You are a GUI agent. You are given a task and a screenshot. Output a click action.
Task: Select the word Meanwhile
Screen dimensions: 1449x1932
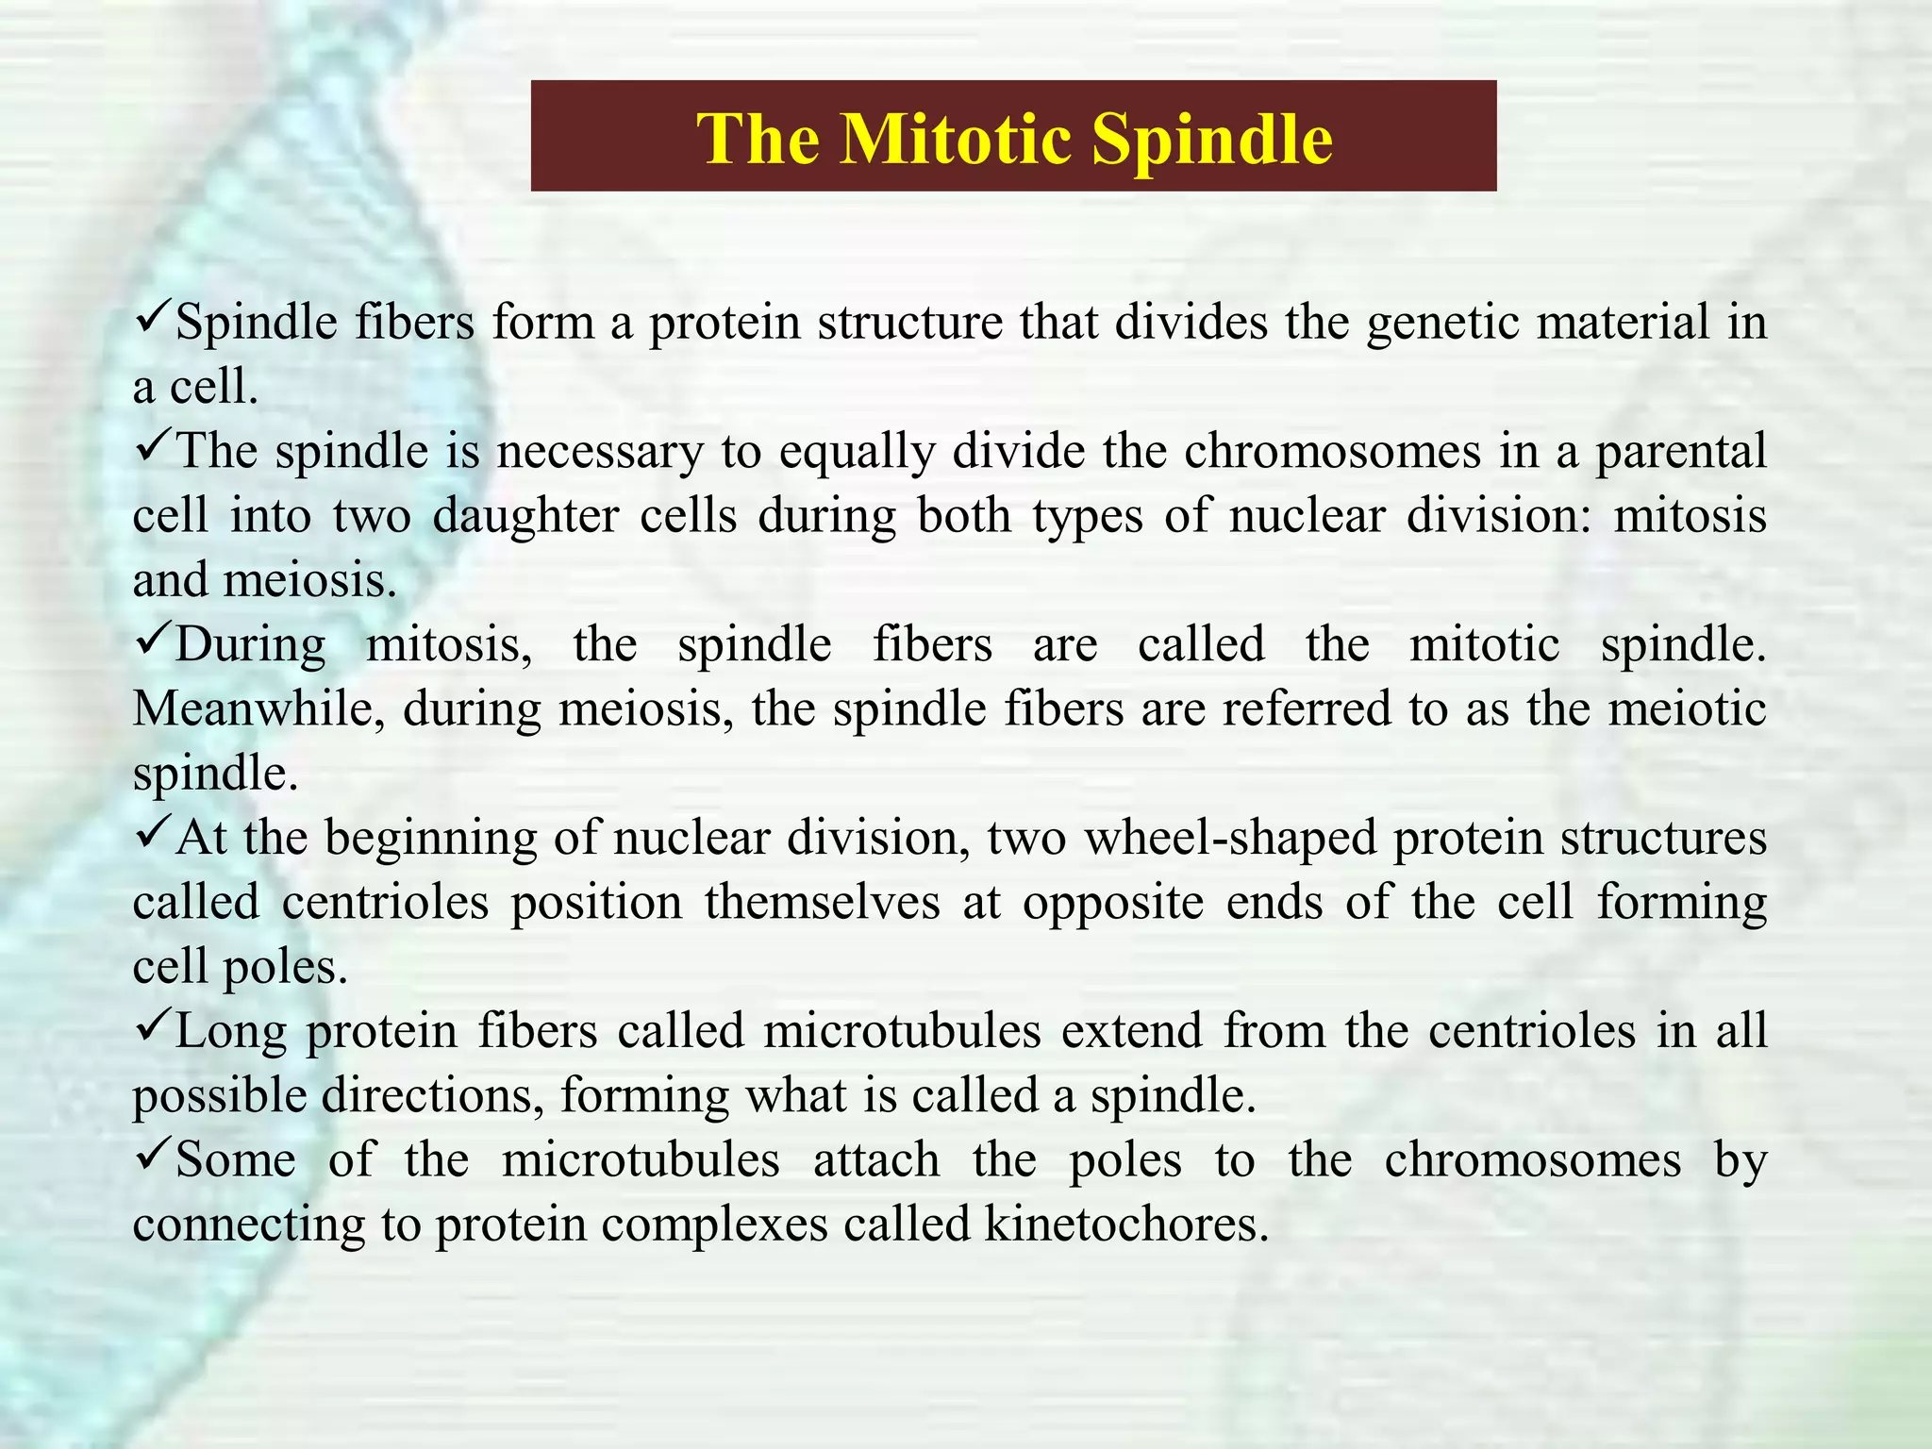[258, 709]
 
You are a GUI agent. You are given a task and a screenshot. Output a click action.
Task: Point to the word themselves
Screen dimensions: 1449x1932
[822, 903]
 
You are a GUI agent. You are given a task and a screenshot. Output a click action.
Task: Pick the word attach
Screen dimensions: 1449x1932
[876, 1160]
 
